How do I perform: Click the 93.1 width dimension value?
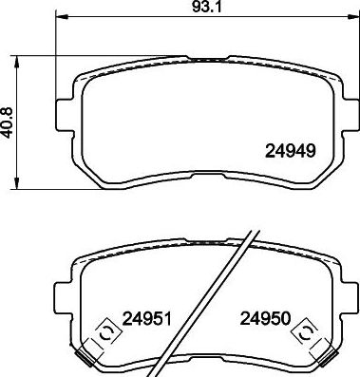[204, 9]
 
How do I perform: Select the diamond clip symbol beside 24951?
[104, 331]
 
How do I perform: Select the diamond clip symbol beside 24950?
[307, 331]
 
